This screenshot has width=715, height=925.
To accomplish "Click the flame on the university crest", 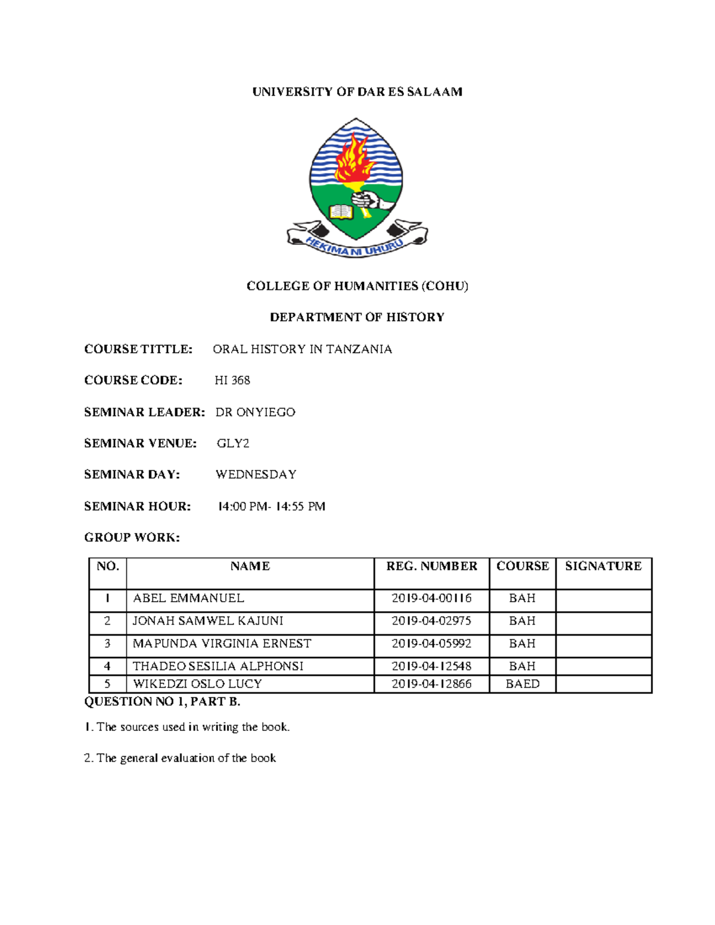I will pyautogui.click(x=354, y=158).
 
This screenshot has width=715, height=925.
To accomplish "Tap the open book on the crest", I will pyautogui.click(x=342, y=211).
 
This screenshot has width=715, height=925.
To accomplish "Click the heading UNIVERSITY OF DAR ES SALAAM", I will pyautogui.click(x=357, y=92).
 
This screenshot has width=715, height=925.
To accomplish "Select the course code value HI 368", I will pyautogui.click(x=232, y=380).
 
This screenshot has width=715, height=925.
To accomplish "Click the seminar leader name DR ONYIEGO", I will pyautogui.click(x=255, y=412).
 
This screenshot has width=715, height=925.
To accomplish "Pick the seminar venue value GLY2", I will pyautogui.click(x=233, y=443).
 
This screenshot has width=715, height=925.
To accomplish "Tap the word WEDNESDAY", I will pyautogui.click(x=256, y=475).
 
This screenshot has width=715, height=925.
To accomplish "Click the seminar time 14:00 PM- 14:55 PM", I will pyautogui.click(x=272, y=506).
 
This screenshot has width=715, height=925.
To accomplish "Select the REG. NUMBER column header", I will pyautogui.click(x=431, y=566).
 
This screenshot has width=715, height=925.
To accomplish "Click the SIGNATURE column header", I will pyautogui.click(x=603, y=566).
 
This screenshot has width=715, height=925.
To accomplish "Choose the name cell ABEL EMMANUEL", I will pyautogui.click(x=188, y=598).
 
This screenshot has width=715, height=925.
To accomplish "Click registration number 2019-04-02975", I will pyautogui.click(x=431, y=621).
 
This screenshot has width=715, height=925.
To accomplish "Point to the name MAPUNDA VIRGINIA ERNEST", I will pyautogui.click(x=222, y=643).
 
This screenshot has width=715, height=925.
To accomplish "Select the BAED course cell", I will pyautogui.click(x=523, y=684).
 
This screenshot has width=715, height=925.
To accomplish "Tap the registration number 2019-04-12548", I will pyautogui.click(x=431, y=666).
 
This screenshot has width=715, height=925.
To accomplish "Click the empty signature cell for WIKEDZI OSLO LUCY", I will pyautogui.click(x=603, y=684).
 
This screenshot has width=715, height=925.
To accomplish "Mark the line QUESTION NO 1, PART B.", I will pyautogui.click(x=162, y=702).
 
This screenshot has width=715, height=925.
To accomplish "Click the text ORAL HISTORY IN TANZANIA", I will pyautogui.click(x=302, y=349).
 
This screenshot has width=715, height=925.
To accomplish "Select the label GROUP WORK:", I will pyautogui.click(x=132, y=537).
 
